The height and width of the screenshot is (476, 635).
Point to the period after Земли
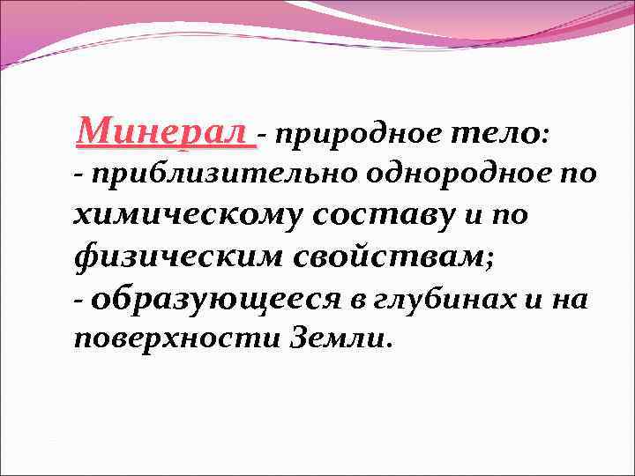coord(386,345)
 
